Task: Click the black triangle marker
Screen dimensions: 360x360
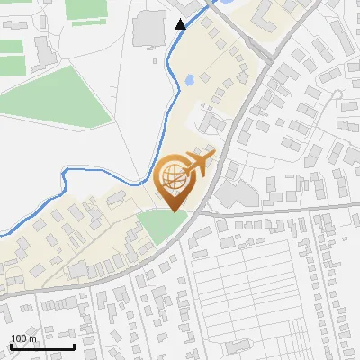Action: pos(181,24)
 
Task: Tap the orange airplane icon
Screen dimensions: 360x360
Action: pos(201,165)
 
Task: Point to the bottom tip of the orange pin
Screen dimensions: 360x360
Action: pos(175,211)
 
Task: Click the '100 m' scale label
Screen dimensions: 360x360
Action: pos(23,339)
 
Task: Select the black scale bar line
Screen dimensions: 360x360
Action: pos(41,347)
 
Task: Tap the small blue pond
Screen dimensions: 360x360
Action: pos(189,81)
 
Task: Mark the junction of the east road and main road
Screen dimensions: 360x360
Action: pos(196,214)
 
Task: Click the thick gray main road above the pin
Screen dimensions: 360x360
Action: pos(236,126)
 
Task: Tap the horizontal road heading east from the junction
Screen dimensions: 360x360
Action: pos(279,211)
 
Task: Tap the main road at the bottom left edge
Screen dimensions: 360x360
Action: pos(18,292)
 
